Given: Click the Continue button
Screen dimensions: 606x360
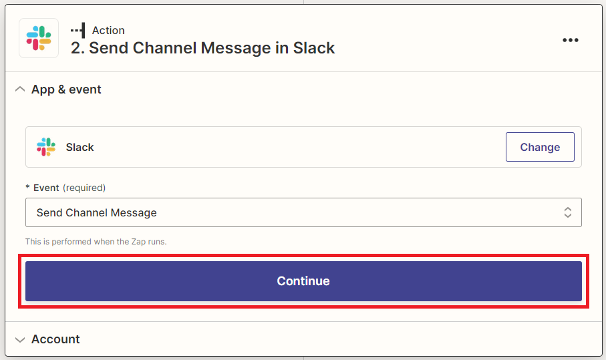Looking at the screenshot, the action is tap(303, 281).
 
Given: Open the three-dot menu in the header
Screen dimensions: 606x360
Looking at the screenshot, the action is tap(571, 40).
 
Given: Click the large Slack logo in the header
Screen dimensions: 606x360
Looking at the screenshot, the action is tap(39, 38).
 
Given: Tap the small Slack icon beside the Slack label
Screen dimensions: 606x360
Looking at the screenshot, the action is tap(46, 147).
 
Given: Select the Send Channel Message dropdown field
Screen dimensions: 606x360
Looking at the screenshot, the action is tap(303, 212).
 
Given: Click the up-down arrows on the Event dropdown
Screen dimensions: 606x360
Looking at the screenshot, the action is tap(568, 212).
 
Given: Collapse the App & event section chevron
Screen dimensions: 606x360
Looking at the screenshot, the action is tap(20, 89).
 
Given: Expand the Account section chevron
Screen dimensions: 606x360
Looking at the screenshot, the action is tap(20, 339).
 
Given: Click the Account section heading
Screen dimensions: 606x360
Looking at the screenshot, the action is tap(55, 339).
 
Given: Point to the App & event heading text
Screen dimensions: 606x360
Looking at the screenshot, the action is tap(66, 89).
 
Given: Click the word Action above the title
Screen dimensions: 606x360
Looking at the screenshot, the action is tap(108, 30).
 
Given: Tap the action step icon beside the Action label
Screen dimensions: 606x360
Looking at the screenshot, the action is tap(78, 30).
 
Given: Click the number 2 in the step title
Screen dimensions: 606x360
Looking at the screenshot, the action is tap(75, 48).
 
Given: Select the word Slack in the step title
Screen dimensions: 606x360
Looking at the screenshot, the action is tap(314, 48).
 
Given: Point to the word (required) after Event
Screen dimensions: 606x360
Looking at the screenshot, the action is tap(84, 188).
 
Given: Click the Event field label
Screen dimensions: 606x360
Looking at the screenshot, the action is tap(46, 188).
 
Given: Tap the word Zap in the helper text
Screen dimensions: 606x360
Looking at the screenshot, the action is tap(138, 242).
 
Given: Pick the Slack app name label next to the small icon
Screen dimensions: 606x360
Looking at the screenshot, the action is tap(80, 147).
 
